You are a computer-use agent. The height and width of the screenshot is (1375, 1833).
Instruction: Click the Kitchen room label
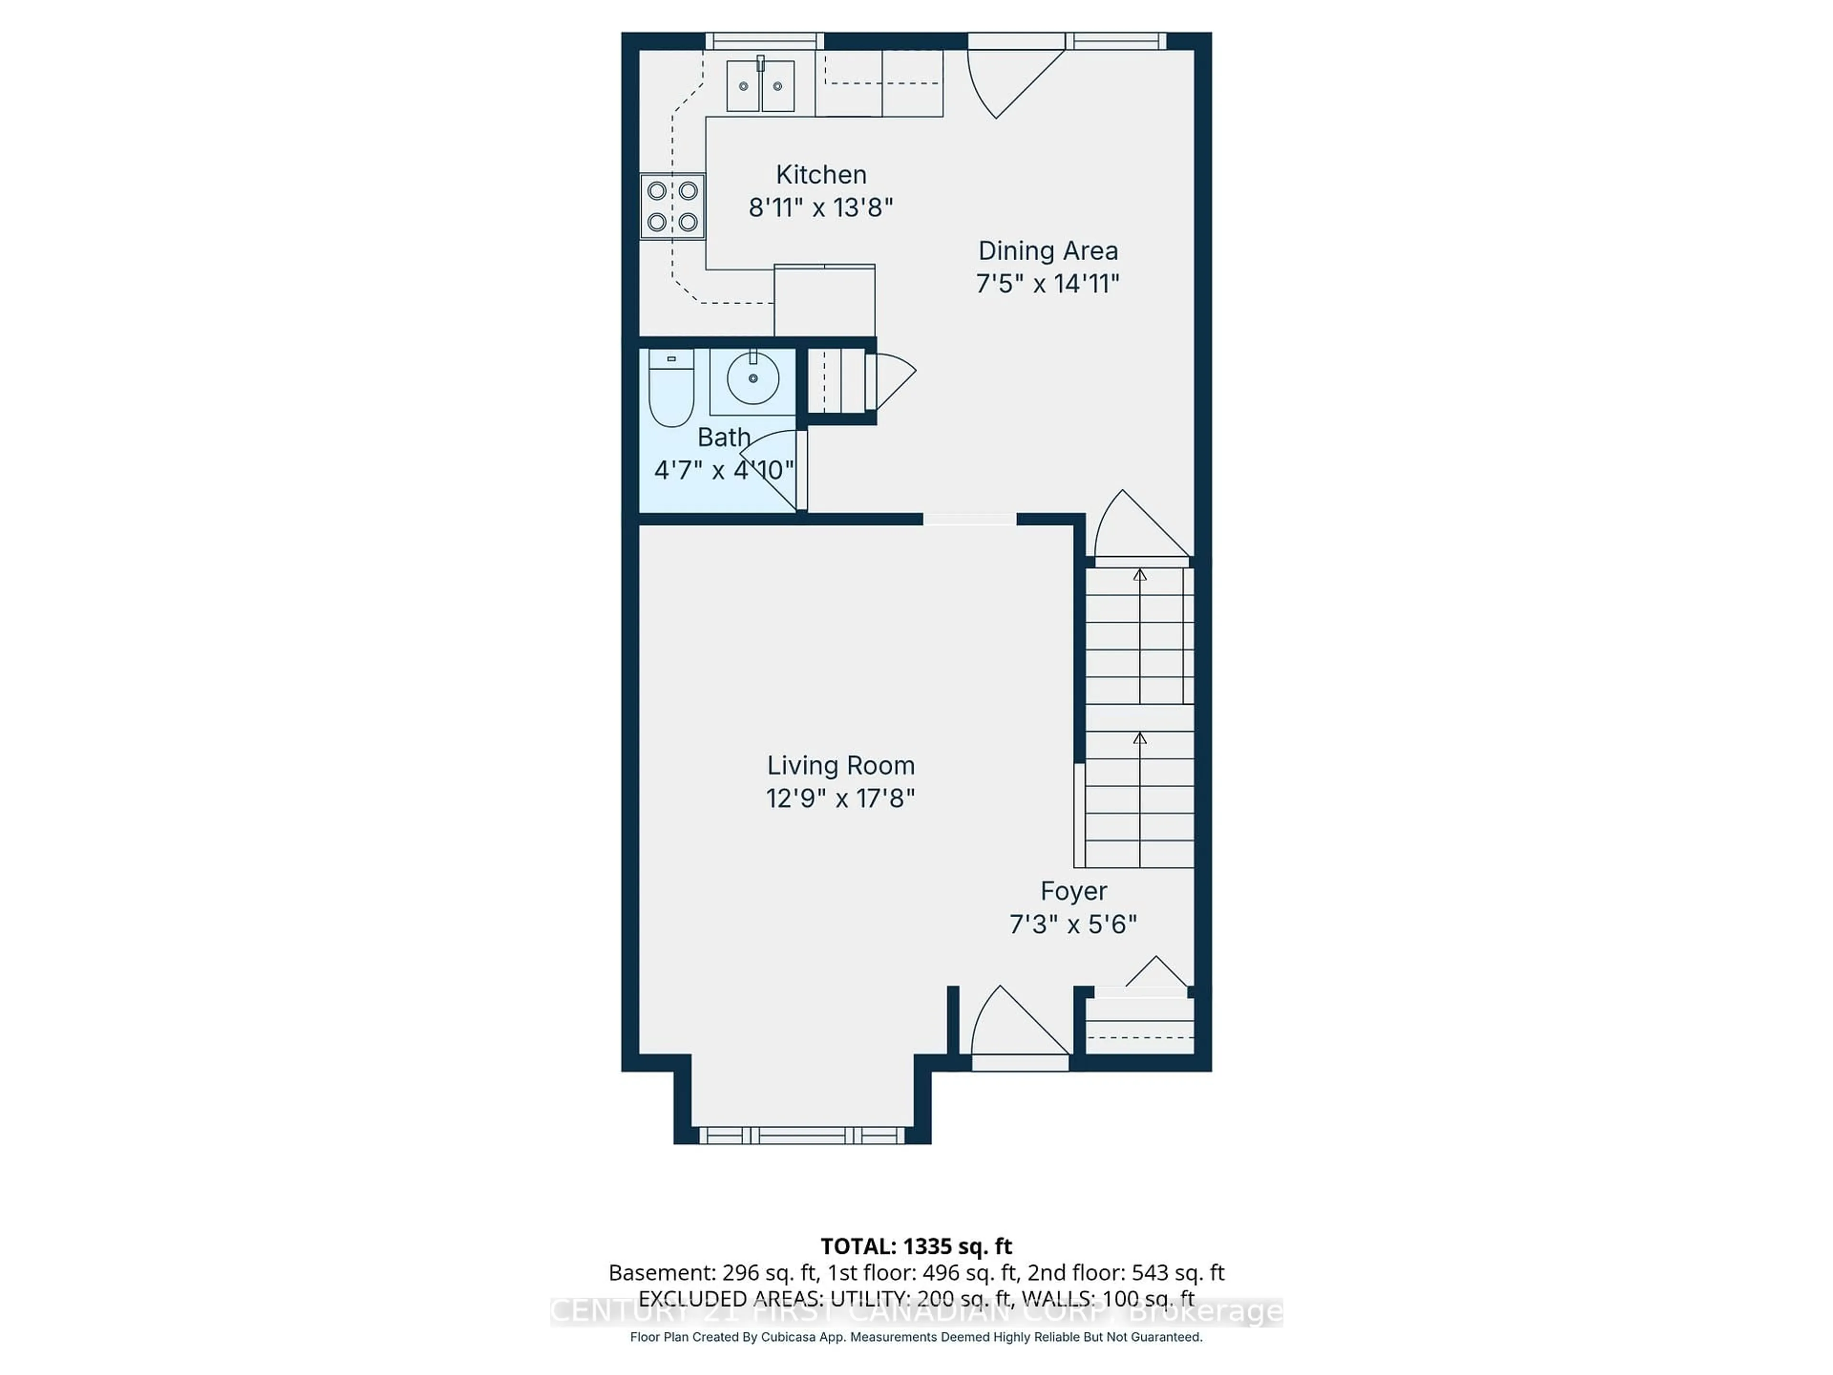pyautogui.click(x=821, y=175)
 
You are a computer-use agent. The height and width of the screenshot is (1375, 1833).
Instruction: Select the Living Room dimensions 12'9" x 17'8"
pyautogui.click(x=840, y=798)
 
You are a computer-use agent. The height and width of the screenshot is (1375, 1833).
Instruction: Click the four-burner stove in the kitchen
pyautogui.click(x=672, y=206)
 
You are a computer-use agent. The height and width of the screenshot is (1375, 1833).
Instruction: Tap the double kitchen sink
pyautogui.click(x=760, y=86)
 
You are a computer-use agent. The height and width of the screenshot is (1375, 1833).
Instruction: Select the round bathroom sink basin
pyautogui.click(x=752, y=379)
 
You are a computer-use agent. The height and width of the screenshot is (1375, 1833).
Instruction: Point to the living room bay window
pyautogui.click(x=801, y=1135)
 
